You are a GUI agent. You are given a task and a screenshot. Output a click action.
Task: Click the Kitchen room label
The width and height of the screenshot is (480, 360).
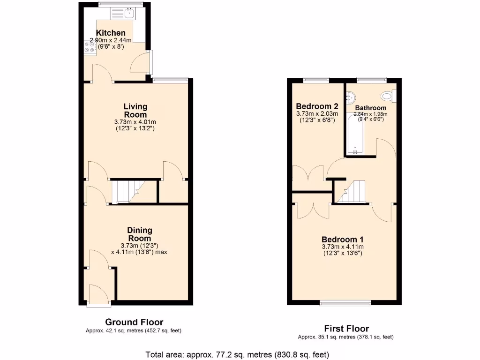111,33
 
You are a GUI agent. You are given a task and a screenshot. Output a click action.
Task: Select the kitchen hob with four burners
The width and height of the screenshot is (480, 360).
89,47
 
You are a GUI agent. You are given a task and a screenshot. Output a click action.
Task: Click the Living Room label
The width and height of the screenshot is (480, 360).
135,111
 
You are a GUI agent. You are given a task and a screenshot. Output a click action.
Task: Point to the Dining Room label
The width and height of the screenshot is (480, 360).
140,234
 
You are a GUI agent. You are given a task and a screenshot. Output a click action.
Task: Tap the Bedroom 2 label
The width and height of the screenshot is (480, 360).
310,105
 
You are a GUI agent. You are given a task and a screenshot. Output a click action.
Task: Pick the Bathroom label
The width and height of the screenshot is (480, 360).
370,108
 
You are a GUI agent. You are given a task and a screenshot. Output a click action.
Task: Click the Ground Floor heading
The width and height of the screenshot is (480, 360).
134,322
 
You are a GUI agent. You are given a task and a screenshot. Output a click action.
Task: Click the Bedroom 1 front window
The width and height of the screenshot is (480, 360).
345,302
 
